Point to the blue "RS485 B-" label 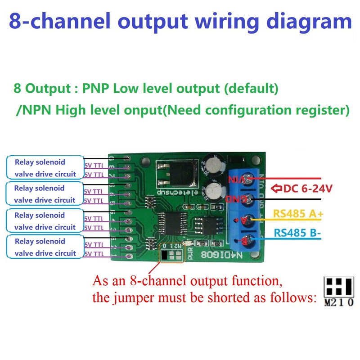pos(297,233)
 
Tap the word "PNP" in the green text pos(96,88)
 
